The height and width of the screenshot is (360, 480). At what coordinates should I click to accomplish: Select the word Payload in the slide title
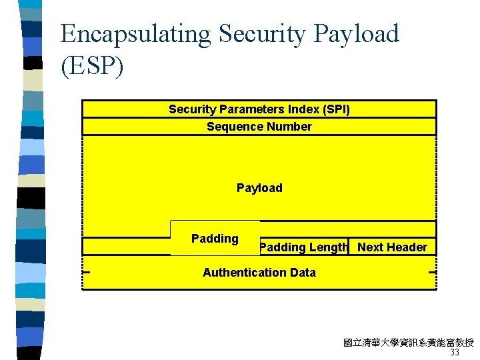(x=353, y=33)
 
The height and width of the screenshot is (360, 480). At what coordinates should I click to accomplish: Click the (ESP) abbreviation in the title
(x=92, y=67)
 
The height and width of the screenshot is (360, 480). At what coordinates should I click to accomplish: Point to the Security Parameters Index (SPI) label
(x=259, y=109)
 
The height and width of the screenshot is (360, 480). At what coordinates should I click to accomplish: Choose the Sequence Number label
(x=259, y=127)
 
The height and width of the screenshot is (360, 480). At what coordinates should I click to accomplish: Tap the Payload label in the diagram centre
(x=259, y=188)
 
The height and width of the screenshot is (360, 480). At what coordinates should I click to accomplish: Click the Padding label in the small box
(x=215, y=239)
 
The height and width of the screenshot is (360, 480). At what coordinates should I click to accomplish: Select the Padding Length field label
(x=304, y=247)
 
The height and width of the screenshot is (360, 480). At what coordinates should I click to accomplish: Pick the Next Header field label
(x=392, y=247)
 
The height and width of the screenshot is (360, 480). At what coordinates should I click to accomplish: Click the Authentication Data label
(x=259, y=272)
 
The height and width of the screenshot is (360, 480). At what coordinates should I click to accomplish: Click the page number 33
(x=455, y=353)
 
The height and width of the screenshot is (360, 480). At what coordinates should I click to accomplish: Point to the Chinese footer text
(x=408, y=343)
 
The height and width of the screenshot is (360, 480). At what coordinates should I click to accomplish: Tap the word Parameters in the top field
(x=249, y=109)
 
